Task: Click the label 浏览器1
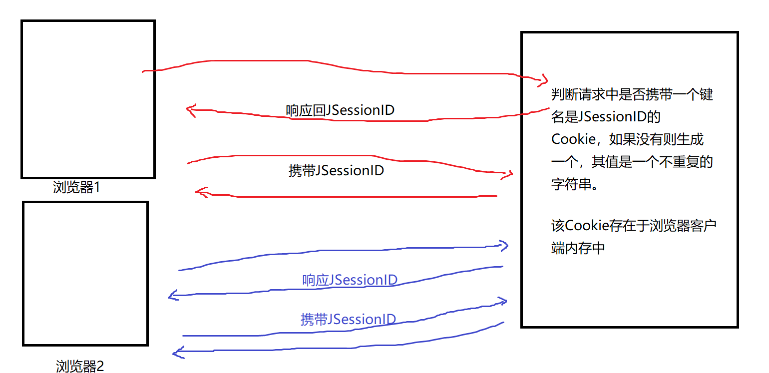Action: point(76,187)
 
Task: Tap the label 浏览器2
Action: point(80,366)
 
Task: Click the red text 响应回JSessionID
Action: point(340,110)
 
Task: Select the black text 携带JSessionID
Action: point(336,170)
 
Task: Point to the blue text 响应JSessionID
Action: point(350,280)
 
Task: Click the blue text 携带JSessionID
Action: point(348,319)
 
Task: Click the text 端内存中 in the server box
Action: point(578,248)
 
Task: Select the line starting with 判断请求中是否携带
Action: point(632,94)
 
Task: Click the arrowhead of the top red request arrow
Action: point(543,79)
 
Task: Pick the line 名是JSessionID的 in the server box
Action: point(606,117)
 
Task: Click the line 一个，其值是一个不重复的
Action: point(631,162)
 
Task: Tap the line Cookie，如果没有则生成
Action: point(627,139)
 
